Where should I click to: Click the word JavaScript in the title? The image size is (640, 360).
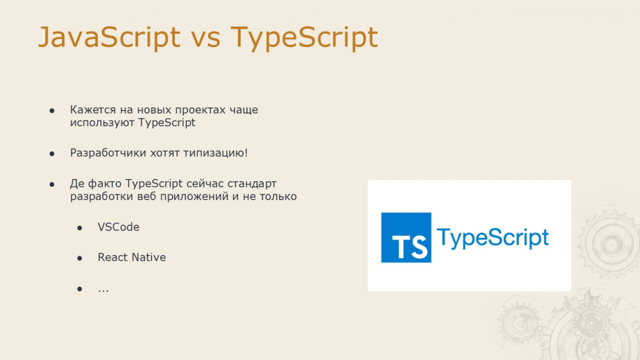click(109, 38)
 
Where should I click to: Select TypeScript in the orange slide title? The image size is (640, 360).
click(304, 38)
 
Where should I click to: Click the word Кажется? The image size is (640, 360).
click(92, 110)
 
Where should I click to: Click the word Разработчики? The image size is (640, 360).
click(108, 152)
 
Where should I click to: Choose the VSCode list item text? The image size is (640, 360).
click(118, 227)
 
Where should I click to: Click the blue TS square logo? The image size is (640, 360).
click(406, 237)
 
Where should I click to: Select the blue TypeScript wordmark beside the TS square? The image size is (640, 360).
click(492, 237)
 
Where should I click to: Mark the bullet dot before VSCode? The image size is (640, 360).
click(79, 227)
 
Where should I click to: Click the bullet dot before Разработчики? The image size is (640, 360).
click(52, 154)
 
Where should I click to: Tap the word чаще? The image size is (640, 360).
click(244, 110)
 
